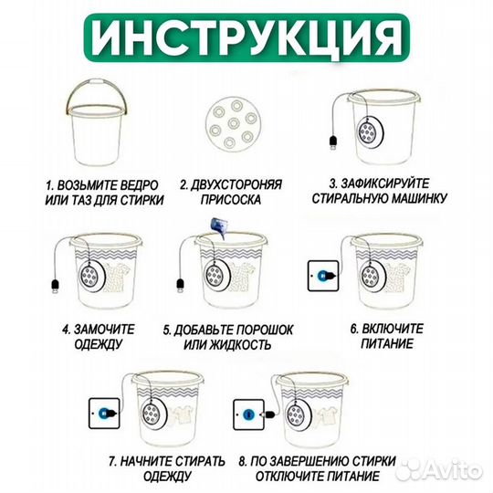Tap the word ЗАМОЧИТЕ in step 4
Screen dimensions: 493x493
pyautogui.click(x=113, y=329)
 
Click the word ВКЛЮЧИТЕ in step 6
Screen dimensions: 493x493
pyautogui.click(x=398, y=329)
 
